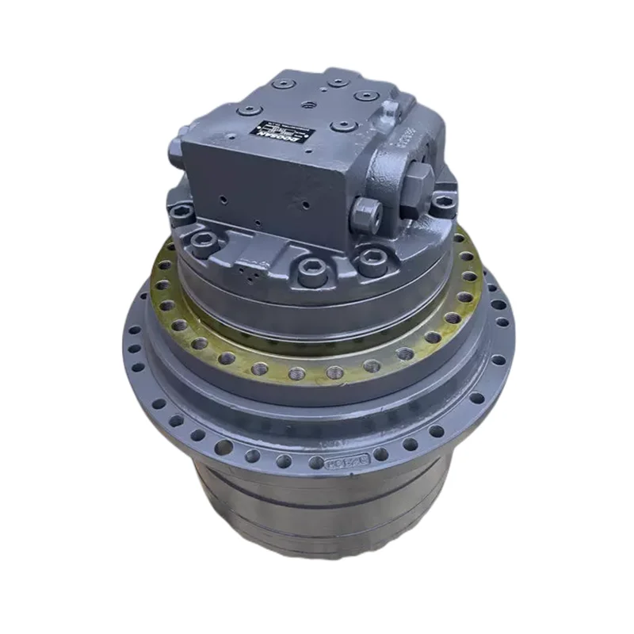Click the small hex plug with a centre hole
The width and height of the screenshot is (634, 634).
pos(365,211)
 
